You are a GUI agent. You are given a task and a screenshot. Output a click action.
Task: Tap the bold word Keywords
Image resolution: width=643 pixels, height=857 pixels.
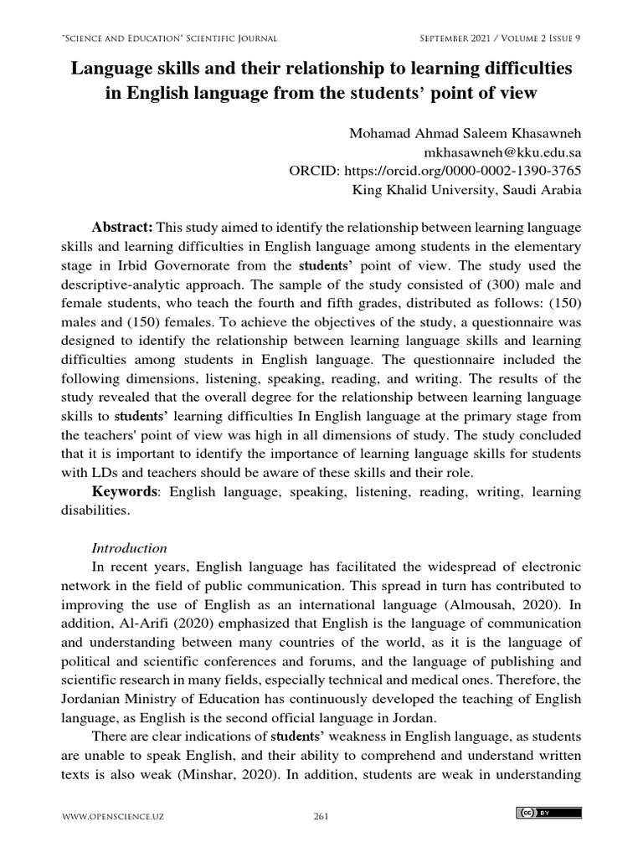(124, 491)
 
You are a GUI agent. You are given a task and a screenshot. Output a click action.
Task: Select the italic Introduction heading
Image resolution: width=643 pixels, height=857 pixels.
(129, 548)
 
